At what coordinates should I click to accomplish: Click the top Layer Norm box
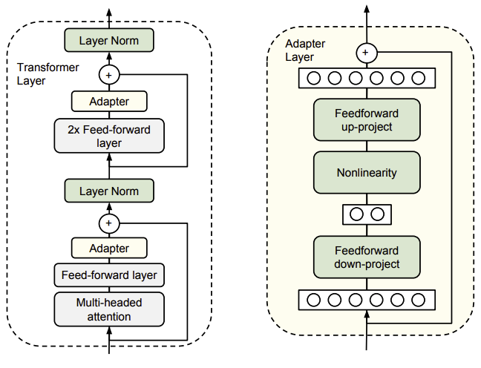109,40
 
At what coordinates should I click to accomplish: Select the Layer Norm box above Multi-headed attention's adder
109,191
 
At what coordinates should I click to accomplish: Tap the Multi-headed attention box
109,309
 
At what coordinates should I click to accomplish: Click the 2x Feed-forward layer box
109,136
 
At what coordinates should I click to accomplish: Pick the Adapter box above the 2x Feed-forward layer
109,101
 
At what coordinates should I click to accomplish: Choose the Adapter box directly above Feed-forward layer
109,248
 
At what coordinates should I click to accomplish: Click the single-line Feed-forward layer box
109,275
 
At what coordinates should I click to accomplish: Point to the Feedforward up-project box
367,120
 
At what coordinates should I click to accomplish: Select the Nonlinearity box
367,172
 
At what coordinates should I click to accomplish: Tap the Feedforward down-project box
367,257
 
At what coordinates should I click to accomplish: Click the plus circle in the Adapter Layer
367,53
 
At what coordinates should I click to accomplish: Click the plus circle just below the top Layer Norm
109,74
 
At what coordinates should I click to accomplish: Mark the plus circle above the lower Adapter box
109,223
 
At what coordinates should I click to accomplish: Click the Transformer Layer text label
48,74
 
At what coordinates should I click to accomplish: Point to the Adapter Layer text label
305,50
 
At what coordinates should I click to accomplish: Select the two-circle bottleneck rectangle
367,214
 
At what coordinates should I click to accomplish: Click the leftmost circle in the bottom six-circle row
313,300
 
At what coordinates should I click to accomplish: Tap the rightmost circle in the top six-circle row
418,78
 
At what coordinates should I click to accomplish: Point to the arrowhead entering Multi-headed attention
109,331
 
